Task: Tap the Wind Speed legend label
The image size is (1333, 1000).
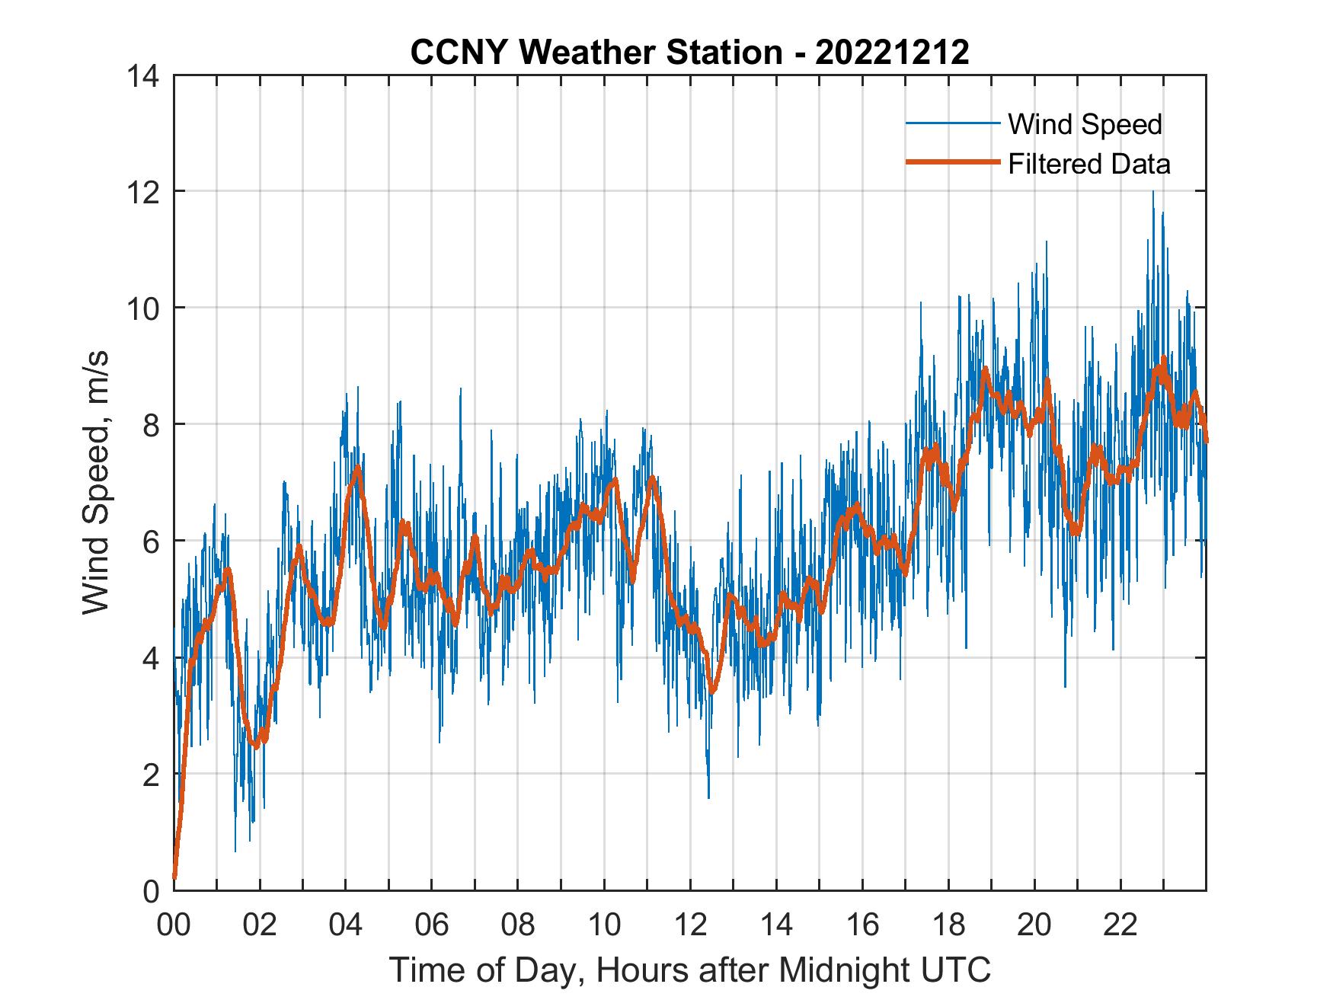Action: [1085, 124]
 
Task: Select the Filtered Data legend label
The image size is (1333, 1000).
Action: [1088, 164]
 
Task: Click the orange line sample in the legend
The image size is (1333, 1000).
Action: [952, 162]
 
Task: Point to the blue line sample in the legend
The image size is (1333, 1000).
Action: [952, 123]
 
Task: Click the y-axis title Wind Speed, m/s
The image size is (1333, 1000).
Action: [96, 481]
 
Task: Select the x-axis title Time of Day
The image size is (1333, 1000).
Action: [689, 970]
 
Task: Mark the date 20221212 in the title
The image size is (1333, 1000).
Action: [891, 53]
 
